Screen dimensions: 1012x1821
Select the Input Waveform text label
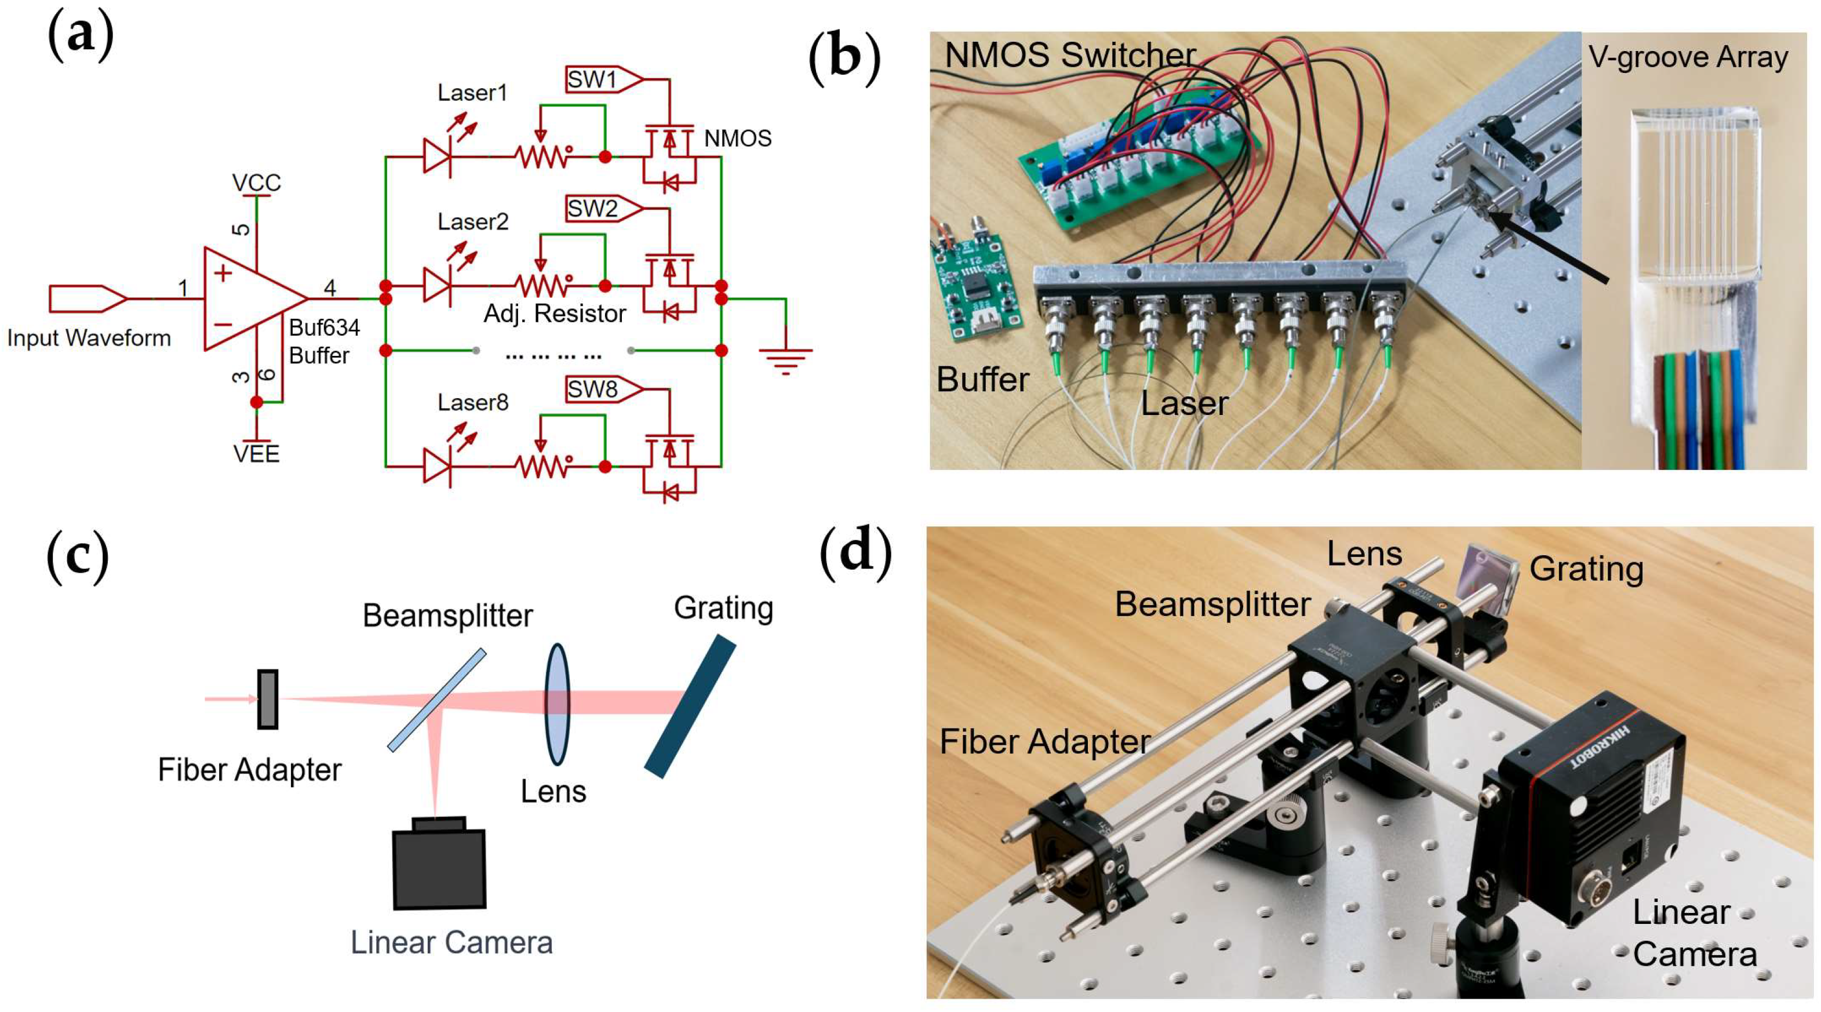point(89,338)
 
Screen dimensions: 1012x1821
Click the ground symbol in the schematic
point(785,359)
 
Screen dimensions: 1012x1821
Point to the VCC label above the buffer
point(257,183)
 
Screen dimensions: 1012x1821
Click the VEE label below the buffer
point(257,454)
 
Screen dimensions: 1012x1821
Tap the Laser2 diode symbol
point(437,286)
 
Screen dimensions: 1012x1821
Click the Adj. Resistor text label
point(555,314)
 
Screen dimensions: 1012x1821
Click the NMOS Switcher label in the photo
point(1069,55)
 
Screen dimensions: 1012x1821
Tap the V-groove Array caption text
point(1688,57)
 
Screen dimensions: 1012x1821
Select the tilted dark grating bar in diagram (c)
point(690,706)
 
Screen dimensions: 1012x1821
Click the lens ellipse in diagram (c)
point(557,704)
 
